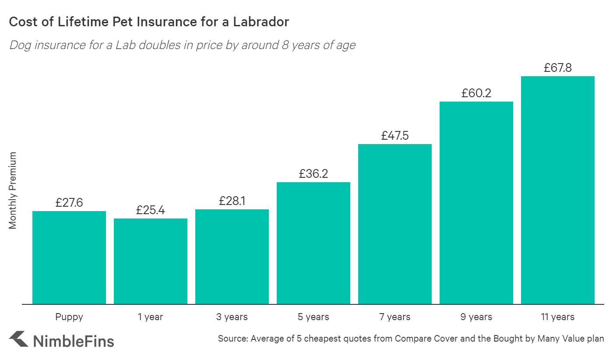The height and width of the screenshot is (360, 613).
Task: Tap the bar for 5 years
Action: tap(314, 243)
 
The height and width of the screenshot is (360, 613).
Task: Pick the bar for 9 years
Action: tap(476, 203)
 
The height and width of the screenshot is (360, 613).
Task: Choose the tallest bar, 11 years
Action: tap(557, 190)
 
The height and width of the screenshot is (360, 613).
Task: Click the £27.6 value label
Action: tap(69, 203)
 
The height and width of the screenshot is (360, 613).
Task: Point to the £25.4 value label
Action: tap(151, 210)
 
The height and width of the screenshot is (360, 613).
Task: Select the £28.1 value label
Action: tap(232, 201)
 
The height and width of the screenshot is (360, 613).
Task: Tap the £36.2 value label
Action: tap(314, 174)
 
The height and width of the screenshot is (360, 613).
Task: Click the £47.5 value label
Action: tap(395, 136)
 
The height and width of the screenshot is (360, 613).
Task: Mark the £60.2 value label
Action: tap(476, 93)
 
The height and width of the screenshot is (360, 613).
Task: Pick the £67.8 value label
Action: tap(557, 68)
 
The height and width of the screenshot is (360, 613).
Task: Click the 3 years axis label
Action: tap(232, 317)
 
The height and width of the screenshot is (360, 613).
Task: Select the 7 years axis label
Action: tap(395, 317)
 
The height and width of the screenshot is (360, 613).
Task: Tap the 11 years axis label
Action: tap(557, 317)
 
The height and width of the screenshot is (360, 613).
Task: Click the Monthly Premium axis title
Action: tap(13, 191)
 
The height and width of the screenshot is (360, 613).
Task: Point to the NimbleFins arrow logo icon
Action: tap(18, 339)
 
